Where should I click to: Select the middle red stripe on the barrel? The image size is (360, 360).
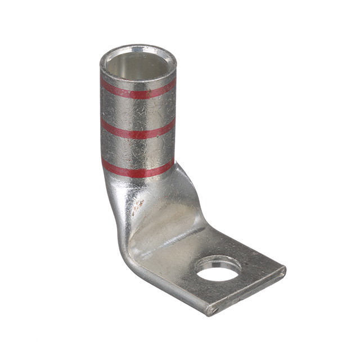(138, 130)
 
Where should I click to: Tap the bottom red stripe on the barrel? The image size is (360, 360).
(138, 168)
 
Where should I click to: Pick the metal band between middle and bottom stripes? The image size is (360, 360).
(138, 149)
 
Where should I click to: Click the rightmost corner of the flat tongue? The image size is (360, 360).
(284, 272)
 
